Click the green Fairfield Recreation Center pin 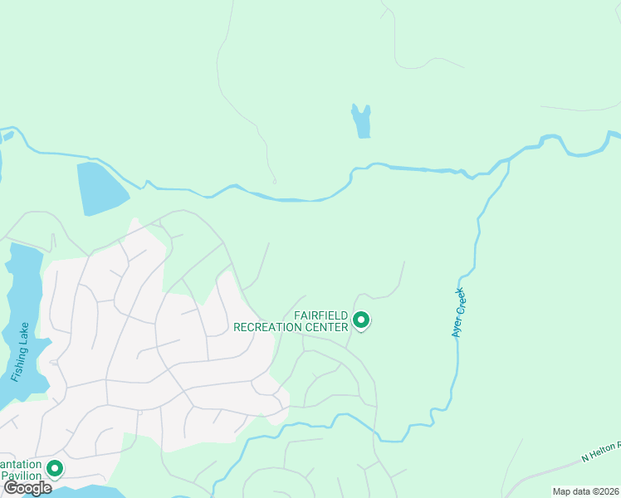(x=361, y=320)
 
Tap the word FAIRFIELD (x=321, y=315)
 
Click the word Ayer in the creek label (x=456, y=325)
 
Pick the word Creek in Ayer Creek (x=460, y=301)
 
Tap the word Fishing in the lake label (x=18, y=362)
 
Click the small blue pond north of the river (x=361, y=121)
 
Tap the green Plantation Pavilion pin (x=55, y=469)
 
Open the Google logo (x=28, y=488)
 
